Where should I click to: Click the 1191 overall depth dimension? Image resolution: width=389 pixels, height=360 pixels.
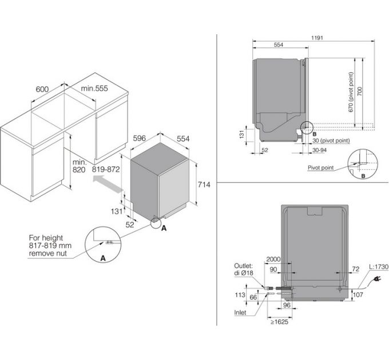click(x=317, y=38)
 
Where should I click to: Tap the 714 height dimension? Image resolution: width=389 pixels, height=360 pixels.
click(x=204, y=185)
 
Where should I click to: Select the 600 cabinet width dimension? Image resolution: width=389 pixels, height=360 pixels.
click(x=42, y=89)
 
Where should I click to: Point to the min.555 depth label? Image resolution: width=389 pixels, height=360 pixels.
click(x=94, y=88)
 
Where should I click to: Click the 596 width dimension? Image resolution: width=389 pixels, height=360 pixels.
click(x=140, y=138)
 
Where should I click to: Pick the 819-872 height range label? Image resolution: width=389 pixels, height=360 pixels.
click(x=106, y=170)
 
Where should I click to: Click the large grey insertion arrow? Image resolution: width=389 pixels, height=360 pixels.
click(x=108, y=183)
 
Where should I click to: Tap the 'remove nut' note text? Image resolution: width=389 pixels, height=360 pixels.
click(x=48, y=253)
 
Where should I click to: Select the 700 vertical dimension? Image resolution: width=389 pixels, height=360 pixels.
click(x=360, y=91)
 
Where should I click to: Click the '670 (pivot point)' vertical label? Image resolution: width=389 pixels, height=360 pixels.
click(x=351, y=92)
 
